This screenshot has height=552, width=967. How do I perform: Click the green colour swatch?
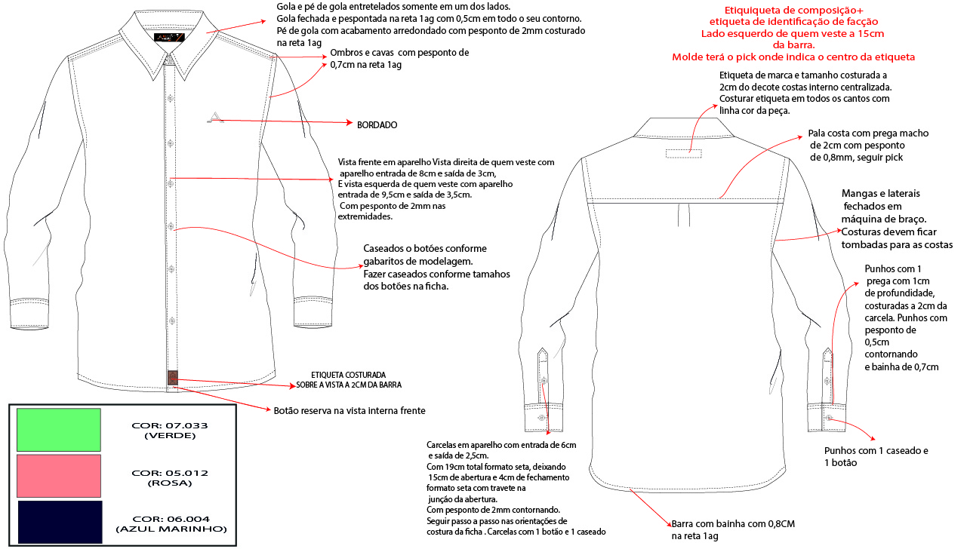59,430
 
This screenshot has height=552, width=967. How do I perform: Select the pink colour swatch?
59,476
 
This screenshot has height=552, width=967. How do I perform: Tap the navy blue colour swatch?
59,522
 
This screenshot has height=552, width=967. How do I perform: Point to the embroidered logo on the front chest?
215,117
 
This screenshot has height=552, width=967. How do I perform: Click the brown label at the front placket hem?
172,377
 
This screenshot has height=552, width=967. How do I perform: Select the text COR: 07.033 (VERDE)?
169,430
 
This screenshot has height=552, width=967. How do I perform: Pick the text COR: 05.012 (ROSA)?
169,477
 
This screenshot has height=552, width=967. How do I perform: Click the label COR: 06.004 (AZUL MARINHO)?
171,523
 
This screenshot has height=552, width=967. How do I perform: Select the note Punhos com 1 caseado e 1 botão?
876,456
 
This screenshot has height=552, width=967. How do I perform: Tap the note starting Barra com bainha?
733,529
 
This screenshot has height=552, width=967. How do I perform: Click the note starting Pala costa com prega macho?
868,145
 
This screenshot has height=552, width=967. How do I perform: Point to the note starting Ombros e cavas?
399,59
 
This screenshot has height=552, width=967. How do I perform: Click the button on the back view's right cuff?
829,417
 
